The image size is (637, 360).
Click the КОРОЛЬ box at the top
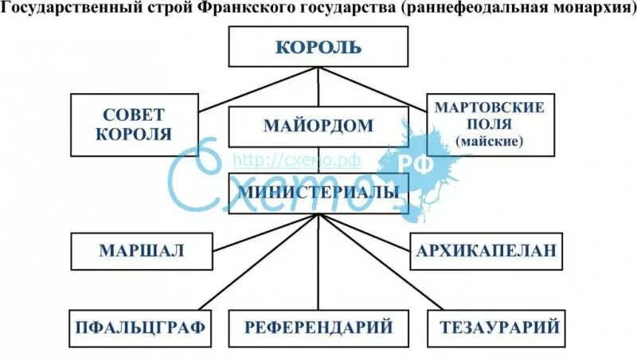click(x=318, y=47)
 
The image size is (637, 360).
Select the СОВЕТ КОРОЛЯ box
click(x=134, y=124)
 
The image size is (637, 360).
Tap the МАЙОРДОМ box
click(x=318, y=126)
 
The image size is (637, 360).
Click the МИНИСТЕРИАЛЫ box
click(x=318, y=193)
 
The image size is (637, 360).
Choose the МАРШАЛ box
click(x=141, y=251)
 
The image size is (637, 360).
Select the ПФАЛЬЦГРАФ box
click(x=141, y=327)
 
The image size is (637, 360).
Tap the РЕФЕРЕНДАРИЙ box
click(x=318, y=327)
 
